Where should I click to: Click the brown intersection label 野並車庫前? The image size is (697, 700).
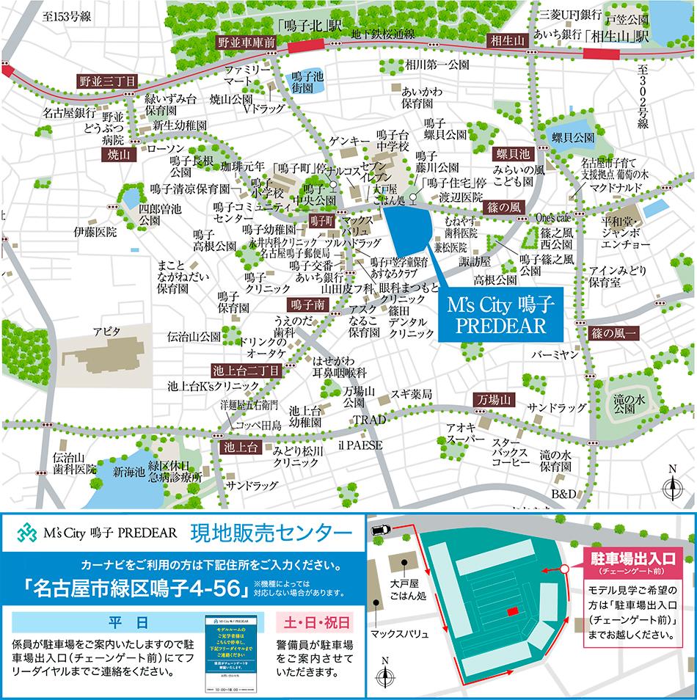point(246,43)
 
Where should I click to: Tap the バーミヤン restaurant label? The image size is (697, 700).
point(556,355)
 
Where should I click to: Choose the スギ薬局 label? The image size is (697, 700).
point(411,393)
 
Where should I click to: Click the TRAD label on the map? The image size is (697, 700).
point(369,420)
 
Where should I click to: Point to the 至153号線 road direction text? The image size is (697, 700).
point(66,16)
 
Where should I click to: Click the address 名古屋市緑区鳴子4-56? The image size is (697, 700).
point(137,588)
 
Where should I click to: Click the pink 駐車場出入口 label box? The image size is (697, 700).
point(632,562)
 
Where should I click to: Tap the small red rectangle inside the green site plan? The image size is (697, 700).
point(513,610)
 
